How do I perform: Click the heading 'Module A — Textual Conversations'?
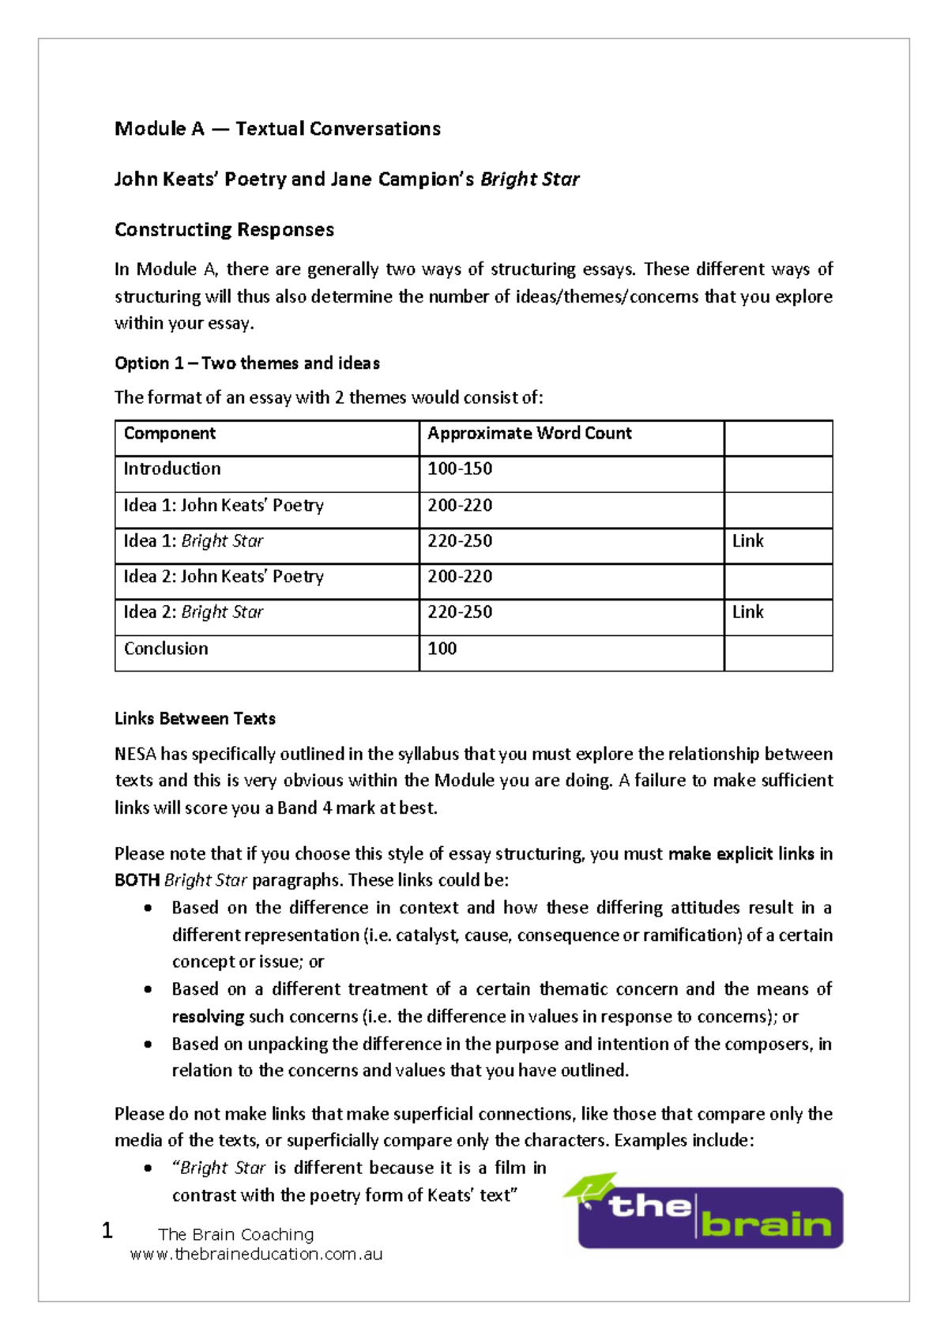[x=277, y=129]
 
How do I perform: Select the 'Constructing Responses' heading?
[x=224, y=230]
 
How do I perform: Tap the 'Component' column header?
[x=169, y=433]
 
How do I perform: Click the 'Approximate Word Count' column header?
[x=529, y=433]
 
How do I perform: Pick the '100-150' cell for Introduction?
[x=460, y=469]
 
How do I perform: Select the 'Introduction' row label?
[x=172, y=469]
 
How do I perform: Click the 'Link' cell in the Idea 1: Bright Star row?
[x=747, y=541]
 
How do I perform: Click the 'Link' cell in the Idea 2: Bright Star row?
[x=747, y=612]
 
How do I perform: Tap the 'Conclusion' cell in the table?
[x=166, y=649]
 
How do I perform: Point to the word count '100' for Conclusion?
[x=442, y=649]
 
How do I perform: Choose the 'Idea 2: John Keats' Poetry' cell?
[x=224, y=577]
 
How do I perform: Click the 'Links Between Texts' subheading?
[x=195, y=719]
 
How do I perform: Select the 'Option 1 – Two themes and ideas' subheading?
[x=247, y=363]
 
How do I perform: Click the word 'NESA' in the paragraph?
[x=135, y=755]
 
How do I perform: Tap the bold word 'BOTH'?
[x=137, y=880]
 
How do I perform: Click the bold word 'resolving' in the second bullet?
[x=208, y=1017]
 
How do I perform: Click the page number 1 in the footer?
[x=107, y=1230]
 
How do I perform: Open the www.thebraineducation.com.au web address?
[x=256, y=1254]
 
